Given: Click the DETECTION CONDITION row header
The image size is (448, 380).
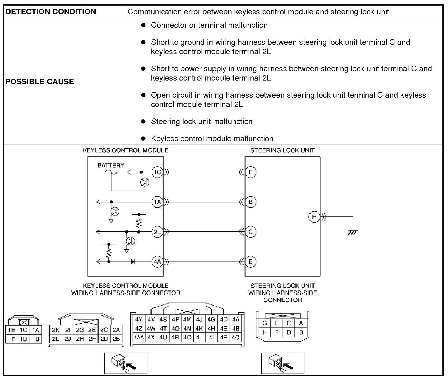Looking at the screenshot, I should coord(51,12).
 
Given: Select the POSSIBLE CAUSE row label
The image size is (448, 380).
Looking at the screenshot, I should coord(40,81).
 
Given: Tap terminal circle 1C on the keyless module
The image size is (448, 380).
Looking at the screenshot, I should coord(157,172).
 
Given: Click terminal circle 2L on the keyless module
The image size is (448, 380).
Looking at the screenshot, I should coord(157,232).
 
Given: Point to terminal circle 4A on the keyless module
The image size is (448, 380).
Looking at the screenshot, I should coord(157,262).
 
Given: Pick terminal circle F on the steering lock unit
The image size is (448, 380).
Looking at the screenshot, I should coord(250,172).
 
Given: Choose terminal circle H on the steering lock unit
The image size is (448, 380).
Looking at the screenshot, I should coord(314,217).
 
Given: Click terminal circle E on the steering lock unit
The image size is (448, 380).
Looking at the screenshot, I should coord(250,262).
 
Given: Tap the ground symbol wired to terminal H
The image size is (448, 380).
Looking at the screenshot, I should coord(353,232).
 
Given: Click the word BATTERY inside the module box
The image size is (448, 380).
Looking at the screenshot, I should coord(111,165).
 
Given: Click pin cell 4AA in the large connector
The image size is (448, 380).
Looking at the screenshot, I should coord(139,337).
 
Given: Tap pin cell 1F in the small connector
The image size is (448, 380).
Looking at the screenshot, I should coord(12,339).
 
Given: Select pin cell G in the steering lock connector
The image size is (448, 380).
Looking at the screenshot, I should coord(265,323).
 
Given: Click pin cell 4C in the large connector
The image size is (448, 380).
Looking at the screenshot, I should coord(236,337).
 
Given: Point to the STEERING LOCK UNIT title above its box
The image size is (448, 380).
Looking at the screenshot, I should coord(282,150).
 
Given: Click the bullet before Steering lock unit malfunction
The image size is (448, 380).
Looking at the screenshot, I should coord(143,121).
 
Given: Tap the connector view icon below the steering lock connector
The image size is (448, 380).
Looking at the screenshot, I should coord(282,363).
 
